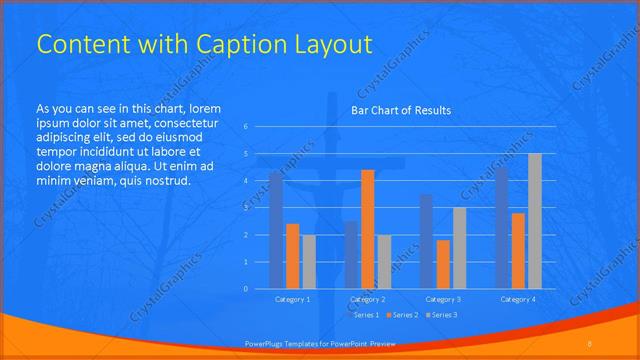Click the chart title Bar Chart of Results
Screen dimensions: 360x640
tap(400, 110)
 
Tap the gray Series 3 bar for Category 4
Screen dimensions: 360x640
tap(534, 221)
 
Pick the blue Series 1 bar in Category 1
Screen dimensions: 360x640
tap(276, 230)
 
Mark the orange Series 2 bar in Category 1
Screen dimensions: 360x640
tap(292, 256)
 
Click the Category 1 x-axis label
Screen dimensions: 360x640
tap(292, 299)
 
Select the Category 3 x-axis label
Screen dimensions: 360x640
tap(443, 299)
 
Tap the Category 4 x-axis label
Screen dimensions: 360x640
tap(518, 299)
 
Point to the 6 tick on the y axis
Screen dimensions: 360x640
tap(246, 127)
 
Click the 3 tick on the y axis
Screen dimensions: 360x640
tap(246, 208)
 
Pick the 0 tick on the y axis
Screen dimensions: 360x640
tap(246, 289)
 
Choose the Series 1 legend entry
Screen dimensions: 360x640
tap(365, 315)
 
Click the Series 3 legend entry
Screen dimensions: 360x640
tap(442, 315)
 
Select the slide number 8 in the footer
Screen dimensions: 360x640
tap(590, 343)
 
